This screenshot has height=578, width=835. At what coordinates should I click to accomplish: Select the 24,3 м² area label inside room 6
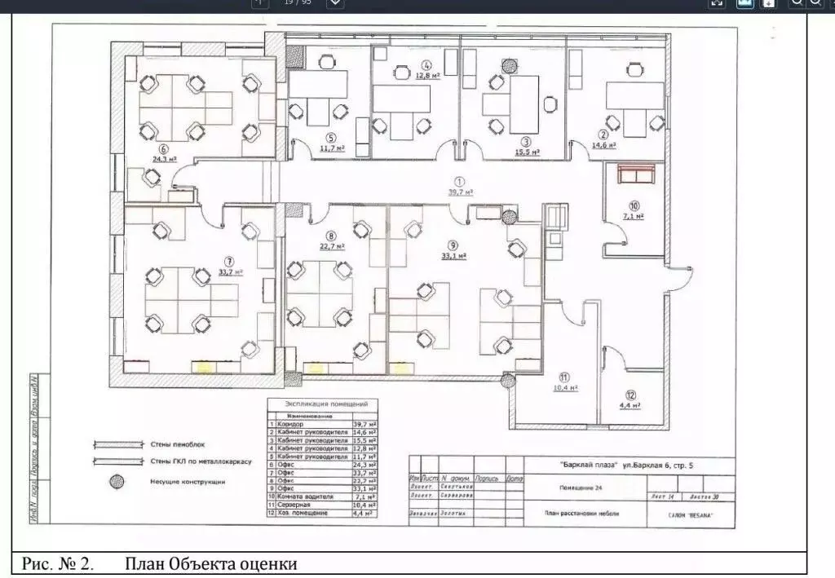pos(165,160)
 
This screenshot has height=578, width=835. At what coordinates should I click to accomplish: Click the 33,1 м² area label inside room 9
pos(453,256)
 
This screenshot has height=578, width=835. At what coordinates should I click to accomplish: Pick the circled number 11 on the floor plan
pos(563,377)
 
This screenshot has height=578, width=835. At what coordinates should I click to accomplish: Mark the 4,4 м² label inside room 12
pos(629,404)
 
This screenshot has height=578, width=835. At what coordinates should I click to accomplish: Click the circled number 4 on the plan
pos(426,65)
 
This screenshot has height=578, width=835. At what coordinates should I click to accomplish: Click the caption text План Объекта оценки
pos(210,563)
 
